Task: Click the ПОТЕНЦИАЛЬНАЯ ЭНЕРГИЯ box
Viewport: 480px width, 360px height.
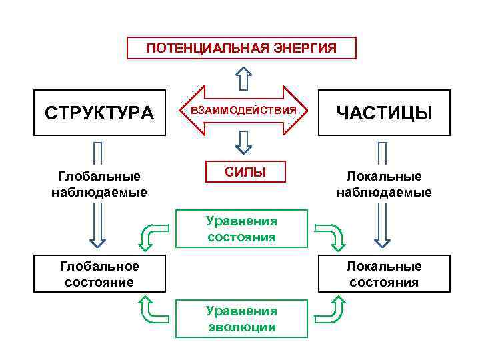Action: (x=241, y=48)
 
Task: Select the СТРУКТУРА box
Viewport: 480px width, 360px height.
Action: (x=99, y=113)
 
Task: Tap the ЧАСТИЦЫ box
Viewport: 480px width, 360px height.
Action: (x=384, y=113)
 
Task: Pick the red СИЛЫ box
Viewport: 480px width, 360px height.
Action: (x=245, y=172)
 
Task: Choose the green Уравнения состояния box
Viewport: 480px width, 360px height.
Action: (x=241, y=229)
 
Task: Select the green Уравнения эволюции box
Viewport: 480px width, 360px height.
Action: (x=241, y=319)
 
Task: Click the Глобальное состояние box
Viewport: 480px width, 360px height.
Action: (x=99, y=274)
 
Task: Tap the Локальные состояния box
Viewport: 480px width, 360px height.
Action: (x=384, y=274)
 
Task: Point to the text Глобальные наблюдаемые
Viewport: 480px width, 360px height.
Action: (x=99, y=185)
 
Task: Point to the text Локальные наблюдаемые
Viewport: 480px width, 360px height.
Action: (x=384, y=185)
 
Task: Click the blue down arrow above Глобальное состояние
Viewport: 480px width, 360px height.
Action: (x=98, y=223)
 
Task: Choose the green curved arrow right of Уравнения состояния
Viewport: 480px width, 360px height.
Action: (x=330, y=235)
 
